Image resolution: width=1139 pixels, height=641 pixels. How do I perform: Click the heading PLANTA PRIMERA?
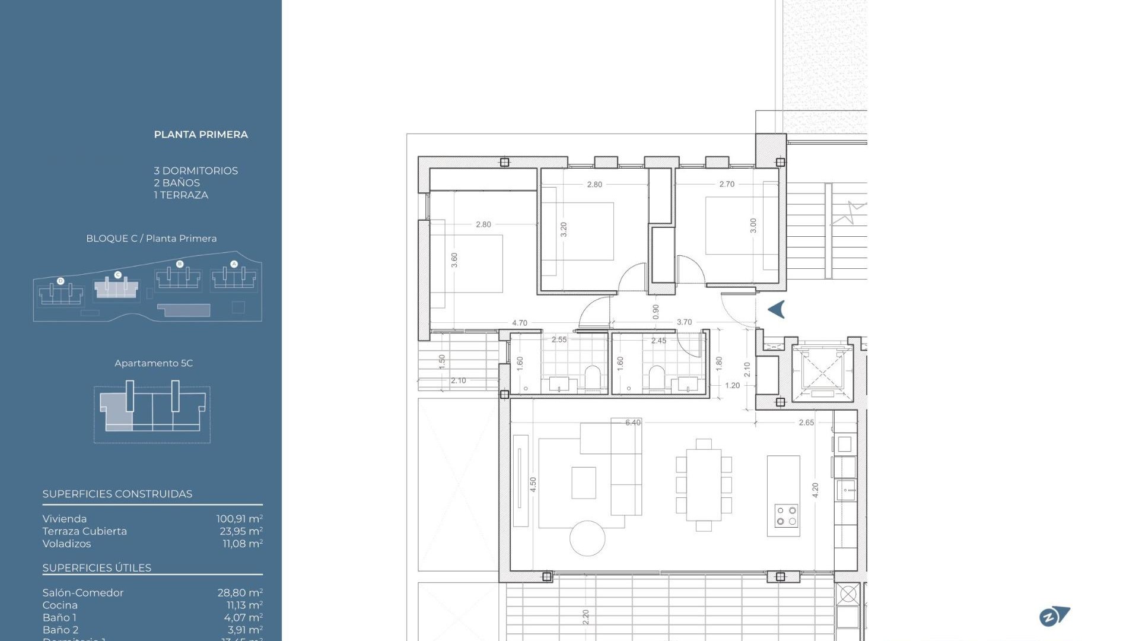[x=201, y=135]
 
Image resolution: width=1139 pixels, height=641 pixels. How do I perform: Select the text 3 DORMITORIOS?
[x=196, y=171]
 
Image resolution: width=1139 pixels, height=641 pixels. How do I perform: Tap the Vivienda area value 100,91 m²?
[x=239, y=519]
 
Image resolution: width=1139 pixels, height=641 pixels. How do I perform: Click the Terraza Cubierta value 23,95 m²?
[x=241, y=531]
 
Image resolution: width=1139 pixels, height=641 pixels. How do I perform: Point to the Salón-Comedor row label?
[x=83, y=593]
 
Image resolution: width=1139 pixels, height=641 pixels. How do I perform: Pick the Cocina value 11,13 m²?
[x=244, y=605]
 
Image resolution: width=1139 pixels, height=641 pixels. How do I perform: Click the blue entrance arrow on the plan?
[x=777, y=309]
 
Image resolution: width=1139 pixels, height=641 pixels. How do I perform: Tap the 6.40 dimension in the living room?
[x=632, y=423]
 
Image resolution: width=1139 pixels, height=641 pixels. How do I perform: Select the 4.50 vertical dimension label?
[x=533, y=485]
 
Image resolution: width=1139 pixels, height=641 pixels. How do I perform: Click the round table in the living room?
[x=587, y=538]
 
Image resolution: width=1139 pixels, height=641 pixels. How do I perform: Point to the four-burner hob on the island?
[x=786, y=516]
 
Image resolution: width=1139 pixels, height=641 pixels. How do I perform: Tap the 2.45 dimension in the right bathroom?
[x=658, y=341]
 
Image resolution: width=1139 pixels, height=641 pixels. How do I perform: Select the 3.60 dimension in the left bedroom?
[x=454, y=260]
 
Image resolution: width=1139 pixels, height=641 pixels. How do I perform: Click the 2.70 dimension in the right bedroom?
[x=727, y=184]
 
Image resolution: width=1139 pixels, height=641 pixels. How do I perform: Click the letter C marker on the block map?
[x=117, y=275]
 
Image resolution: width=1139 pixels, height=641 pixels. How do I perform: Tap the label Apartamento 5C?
[x=154, y=363]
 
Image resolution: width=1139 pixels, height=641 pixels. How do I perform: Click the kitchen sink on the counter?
[x=845, y=490]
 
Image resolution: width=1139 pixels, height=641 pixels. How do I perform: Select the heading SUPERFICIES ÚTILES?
[x=97, y=568]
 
